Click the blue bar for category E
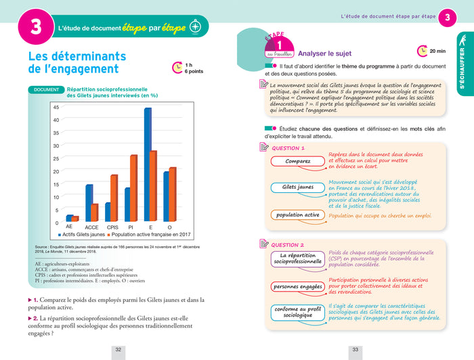tap(148, 165)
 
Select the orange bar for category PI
tap(133, 189)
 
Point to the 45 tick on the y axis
tap(56, 108)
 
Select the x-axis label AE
tap(69, 227)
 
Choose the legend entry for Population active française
tap(153, 235)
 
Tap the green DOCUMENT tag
tap(46, 89)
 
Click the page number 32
tap(118, 349)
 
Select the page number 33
tap(355, 349)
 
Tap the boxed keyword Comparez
tap(297, 161)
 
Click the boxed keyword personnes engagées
tap(297, 286)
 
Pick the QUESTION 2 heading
tap(287, 245)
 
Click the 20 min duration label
tap(436, 51)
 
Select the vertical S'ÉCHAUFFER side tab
tap(462, 68)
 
